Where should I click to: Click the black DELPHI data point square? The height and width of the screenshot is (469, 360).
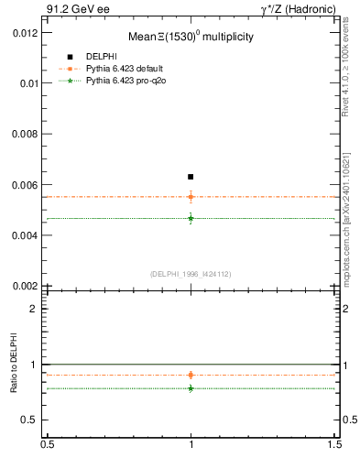coord(191,176)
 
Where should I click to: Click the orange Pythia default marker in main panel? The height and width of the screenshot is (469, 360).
coord(191,196)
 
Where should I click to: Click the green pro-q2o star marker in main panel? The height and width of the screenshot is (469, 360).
coord(191,218)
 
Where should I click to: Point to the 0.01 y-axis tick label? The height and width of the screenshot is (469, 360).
coord(28,82)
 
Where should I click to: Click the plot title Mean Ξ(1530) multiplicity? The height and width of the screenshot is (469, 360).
coord(191,38)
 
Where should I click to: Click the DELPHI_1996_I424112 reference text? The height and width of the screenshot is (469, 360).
coord(191,274)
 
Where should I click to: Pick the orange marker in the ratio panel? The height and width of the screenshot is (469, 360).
coord(191,375)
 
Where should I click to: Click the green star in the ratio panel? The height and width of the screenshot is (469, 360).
coord(191,388)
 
